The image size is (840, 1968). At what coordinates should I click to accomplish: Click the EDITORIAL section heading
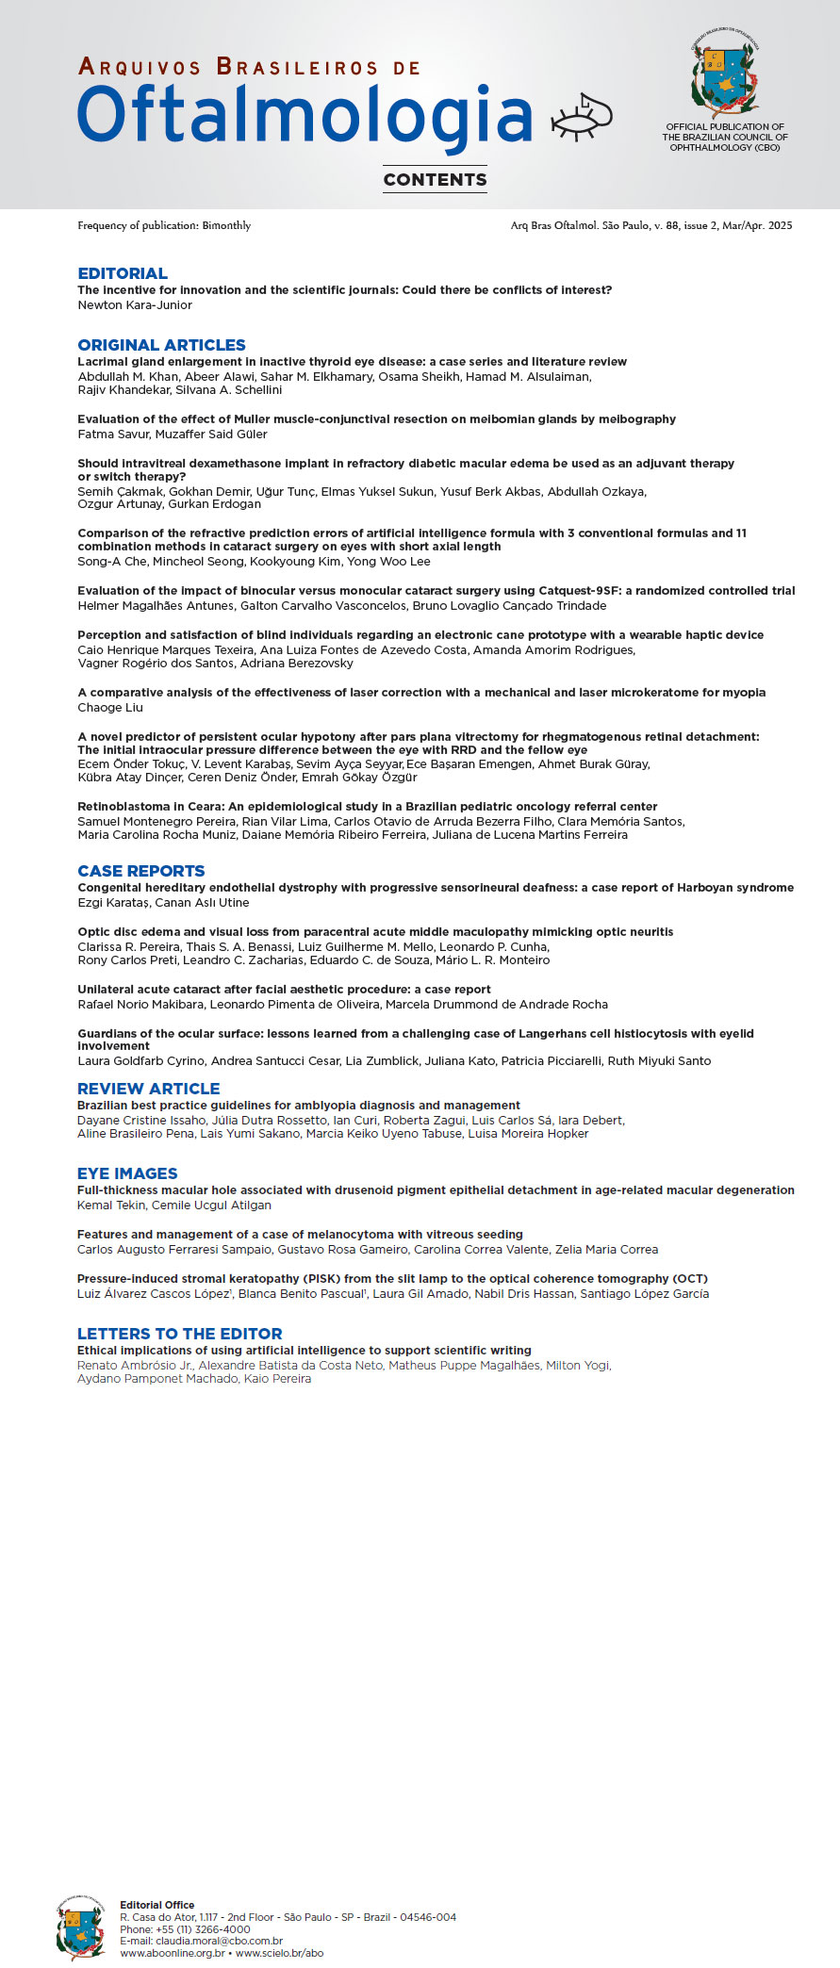(x=123, y=273)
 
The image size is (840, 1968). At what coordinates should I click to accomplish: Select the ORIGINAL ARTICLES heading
(x=161, y=345)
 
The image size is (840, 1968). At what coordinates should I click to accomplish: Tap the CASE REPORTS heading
(x=140, y=871)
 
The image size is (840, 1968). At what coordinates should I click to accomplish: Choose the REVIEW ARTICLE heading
(x=148, y=1089)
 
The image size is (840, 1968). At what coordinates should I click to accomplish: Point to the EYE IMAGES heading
(x=127, y=1173)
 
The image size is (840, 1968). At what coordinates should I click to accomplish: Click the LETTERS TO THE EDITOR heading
(x=179, y=1334)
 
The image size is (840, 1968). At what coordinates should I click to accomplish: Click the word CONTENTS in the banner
(x=435, y=179)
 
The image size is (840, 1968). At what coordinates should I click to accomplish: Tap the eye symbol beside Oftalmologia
(x=581, y=117)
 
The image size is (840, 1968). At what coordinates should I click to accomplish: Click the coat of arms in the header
(x=724, y=76)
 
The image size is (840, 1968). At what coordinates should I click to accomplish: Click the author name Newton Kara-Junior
(x=135, y=305)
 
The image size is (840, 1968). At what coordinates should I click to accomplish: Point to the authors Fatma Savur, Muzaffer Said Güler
(x=173, y=435)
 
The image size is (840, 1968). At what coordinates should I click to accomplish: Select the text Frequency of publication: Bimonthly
(x=164, y=225)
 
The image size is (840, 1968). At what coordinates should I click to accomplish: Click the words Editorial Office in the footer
(x=157, y=1905)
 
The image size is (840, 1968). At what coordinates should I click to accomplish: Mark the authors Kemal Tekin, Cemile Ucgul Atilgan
(x=174, y=1205)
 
